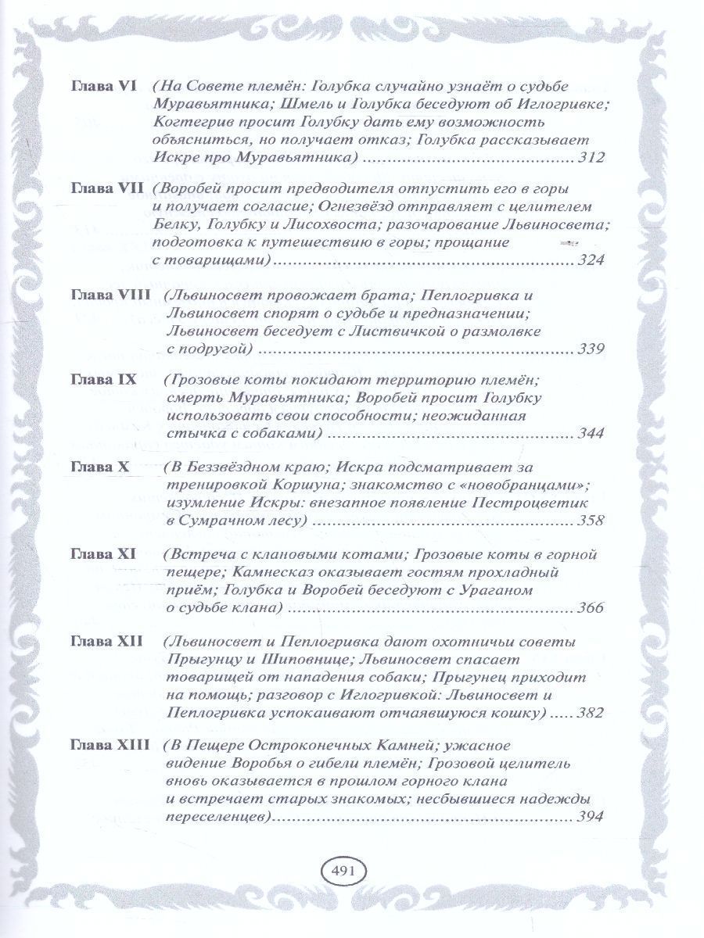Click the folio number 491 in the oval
click(344, 870)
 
